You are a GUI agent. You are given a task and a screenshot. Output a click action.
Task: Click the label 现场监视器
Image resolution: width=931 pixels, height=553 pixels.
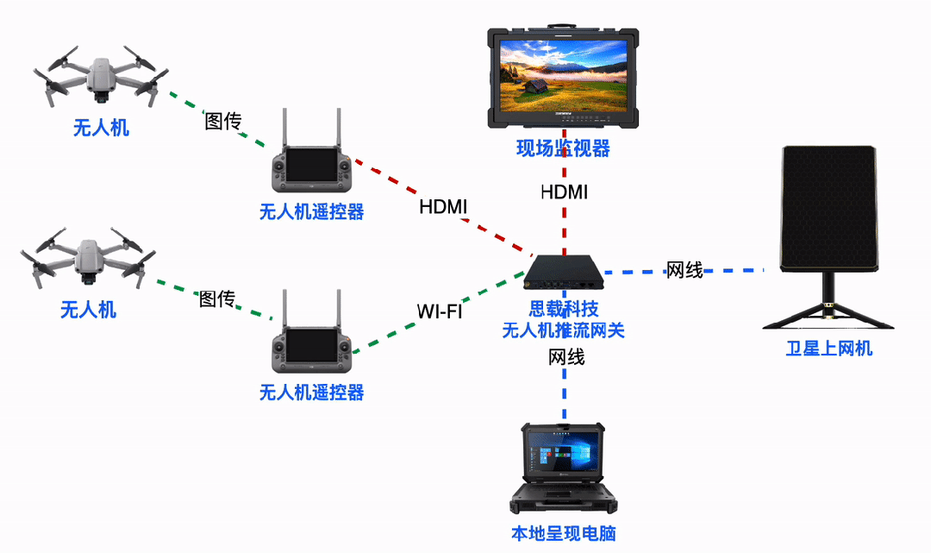tap(563, 149)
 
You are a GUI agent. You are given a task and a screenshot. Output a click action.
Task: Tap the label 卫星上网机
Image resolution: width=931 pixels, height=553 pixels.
tap(828, 349)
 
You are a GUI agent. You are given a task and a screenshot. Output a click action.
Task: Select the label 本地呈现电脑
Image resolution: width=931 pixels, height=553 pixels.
tap(564, 533)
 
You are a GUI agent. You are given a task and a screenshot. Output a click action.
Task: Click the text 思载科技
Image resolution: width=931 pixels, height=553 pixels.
tap(563, 310)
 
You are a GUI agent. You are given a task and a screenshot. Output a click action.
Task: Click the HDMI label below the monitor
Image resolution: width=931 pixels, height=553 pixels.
tap(564, 192)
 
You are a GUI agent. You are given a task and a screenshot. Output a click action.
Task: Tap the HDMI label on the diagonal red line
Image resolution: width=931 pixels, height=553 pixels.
tap(443, 207)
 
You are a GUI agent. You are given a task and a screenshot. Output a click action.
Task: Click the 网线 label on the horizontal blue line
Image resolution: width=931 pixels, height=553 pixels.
tap(684, 271)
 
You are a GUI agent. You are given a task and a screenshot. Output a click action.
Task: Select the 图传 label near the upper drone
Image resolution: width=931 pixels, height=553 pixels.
tap(222, 122)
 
